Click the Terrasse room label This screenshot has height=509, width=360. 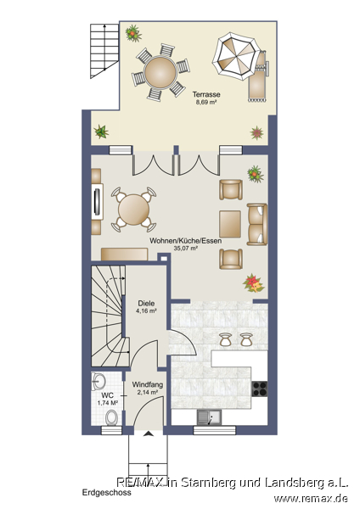pyautogui.click(x=206, y=94)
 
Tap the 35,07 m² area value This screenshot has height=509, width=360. pyautogui.click(x=186, y=249)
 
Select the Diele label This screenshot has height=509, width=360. pyautogui.click(x=146, y=304)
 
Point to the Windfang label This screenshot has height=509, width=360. pyautogui.click(x=147, y=384)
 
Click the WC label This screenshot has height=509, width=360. pyautogui.click(x=108, y=395)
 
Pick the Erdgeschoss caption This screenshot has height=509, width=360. pyautogui.click(x=107, y=492)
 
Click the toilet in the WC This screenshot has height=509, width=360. pyautogui.click(x=112, y=417)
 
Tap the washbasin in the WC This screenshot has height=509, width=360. pyautogui.click(x=98, y=382)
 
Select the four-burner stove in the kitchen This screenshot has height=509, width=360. pyautogui.click(x=260, y=389)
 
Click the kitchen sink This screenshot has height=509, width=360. pyautogui.click(x=209, y=417)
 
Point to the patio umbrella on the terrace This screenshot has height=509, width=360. pyautogui.click(x=236, y=57)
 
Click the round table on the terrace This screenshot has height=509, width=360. pyautogui.click(x=160, y=72)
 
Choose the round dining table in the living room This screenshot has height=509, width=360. pyautogui.click(x=133, y=210)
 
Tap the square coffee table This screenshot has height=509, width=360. pyautogui.click(x=230, y=224)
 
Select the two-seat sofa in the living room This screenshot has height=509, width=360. pyautogui.click(x=257, y=224)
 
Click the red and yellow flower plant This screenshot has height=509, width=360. pyautogui.click(x=254, y=283)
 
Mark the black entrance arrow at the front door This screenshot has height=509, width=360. pyautogui.click(x=149, y=433)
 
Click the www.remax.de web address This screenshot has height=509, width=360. pyautogui.click(x=311, y=498)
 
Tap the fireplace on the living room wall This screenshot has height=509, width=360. pyautogui.click(x=98, y=201)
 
